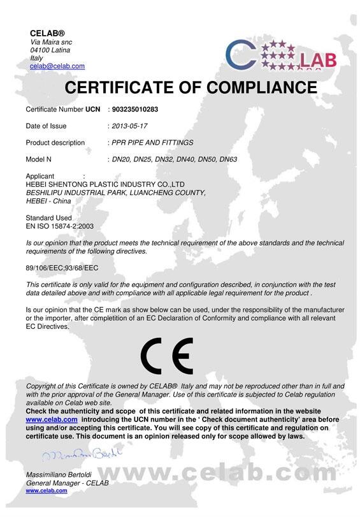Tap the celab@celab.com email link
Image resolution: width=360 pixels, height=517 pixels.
(57, 66)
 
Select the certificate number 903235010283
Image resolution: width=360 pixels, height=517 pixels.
(134, 110)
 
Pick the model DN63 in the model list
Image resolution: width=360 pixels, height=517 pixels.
(228, 159)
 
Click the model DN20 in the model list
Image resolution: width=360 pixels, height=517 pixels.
(122, 159)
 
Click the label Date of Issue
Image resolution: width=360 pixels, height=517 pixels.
(46, 126)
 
